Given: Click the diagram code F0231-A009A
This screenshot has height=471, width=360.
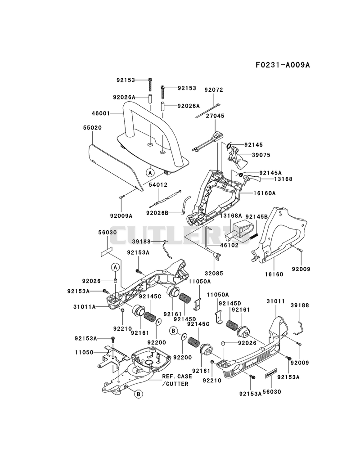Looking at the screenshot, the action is click(283, 64).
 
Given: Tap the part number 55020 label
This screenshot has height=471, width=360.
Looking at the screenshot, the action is click(92, 128).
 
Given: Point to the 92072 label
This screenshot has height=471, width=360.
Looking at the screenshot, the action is click(214, 90).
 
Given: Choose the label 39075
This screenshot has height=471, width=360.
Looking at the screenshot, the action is click(261, 155).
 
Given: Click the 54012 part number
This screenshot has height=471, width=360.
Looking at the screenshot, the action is click(158, 185).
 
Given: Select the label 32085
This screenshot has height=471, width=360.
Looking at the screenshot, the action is click(214, 274).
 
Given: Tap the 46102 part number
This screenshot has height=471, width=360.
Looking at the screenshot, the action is click(229, 245).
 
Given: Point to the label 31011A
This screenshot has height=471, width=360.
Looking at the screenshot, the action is click(85, 307).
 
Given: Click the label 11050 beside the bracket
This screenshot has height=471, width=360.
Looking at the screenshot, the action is click(84, 352).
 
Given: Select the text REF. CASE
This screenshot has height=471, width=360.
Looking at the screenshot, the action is click(175, 377).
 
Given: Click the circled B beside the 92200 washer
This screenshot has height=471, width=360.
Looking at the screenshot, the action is click(173, 331).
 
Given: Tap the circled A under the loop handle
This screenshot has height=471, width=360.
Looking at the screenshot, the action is click(150, 172).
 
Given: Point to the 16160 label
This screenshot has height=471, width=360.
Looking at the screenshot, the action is click(274, 274).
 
